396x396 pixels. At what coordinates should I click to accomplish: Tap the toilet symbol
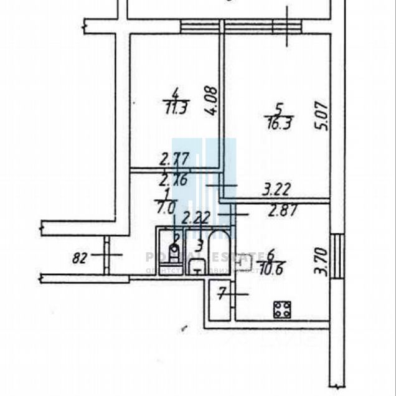click(x=176, y=253)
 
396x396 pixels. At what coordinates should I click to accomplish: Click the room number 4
click(x=176, y=93)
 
